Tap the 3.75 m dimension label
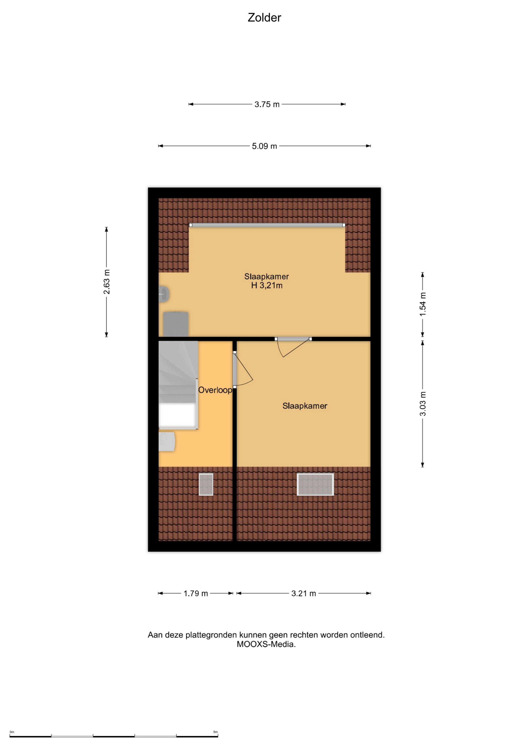(x=267, y=104)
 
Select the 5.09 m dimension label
(x=264, y=146)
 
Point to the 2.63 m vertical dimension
(x=107, y=282)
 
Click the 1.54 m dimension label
(x=423, y=304)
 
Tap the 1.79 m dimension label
(x=196, y=593)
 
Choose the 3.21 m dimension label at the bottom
(x=303, y=593)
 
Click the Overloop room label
(x=215, y=390)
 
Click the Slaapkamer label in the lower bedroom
(x=305, y=406)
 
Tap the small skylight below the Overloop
(x=206, y=485)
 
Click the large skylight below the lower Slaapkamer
(x=315, y=485)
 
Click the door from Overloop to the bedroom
(x=243, y=370)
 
